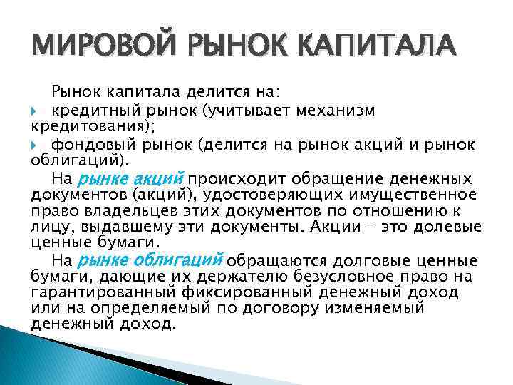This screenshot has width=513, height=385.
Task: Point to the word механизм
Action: tap(336, 111)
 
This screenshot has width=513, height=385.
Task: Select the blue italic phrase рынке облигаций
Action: tap(150, 259)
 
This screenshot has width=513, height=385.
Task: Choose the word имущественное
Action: tap(416, 195)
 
